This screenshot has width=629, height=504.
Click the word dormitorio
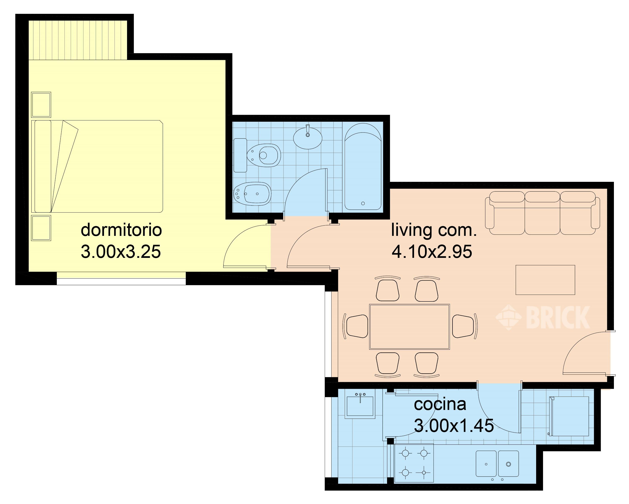click(x=121, y=230)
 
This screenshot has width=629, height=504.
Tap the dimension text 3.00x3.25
click(x=121, y=252)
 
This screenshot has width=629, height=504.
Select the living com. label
click(x=434, y=230)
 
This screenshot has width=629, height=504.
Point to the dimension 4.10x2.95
click(x=432, y=252)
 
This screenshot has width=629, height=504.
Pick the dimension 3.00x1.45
click(x=454, y=426)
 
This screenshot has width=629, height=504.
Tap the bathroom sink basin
click(x=308, y=138)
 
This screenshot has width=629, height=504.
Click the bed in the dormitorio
click(x=99, y=166)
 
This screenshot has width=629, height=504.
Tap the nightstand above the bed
click(x=41, y=105)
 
